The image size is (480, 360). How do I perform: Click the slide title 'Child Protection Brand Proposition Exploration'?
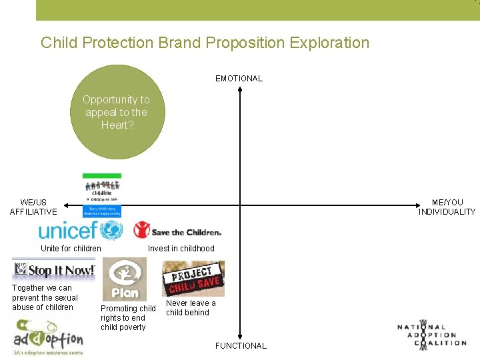[205, 43]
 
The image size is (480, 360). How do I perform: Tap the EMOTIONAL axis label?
[239, 79]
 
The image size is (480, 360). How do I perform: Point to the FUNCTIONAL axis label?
[241, 345]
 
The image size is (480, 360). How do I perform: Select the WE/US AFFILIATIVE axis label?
[33, 207]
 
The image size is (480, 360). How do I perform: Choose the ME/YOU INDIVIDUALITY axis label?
[447, 207]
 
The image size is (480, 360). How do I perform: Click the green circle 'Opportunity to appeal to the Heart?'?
[117, 111]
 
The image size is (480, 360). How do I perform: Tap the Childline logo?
[102, 195]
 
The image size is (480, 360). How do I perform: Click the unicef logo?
[81, 231]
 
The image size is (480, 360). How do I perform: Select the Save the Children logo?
[177, 231]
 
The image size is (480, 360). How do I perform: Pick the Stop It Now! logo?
[54, 270]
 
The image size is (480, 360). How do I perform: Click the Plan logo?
[124, 279]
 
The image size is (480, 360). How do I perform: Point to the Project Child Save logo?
[193, 278]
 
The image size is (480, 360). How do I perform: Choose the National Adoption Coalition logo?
[431, 333]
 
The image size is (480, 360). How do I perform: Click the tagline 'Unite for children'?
[71, 249]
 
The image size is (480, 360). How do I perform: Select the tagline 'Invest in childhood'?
[181, 249]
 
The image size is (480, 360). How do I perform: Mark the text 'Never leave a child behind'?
[191, 307]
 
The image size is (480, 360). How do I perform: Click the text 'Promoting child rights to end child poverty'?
[128, 318]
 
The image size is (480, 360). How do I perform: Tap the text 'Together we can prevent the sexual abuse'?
[45, 297]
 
